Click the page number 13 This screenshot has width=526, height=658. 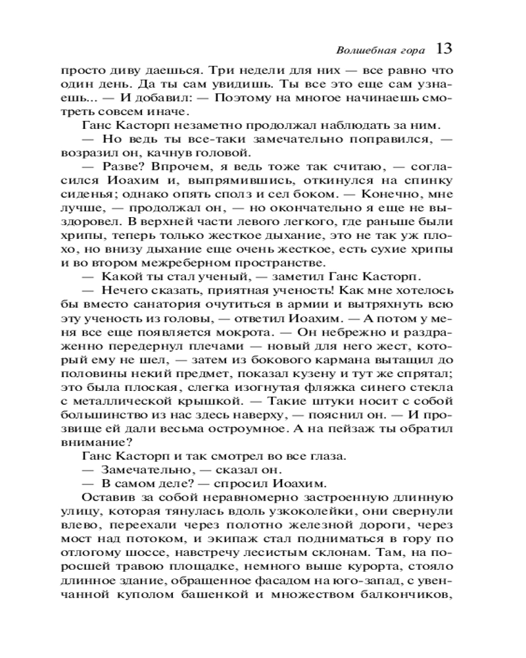[442, 49]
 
